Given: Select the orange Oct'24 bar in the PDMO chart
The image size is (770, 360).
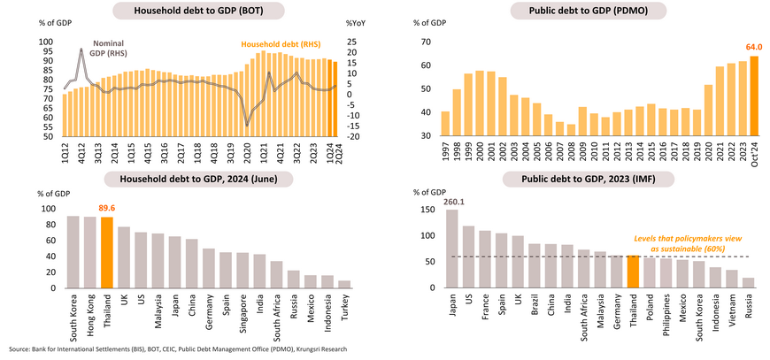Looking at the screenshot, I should coord(754,96).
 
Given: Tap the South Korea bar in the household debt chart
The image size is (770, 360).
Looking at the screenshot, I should coord(73,251).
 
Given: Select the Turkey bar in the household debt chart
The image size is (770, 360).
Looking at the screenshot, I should coord(343,283).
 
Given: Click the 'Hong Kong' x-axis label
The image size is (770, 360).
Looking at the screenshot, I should coord(90,310).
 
